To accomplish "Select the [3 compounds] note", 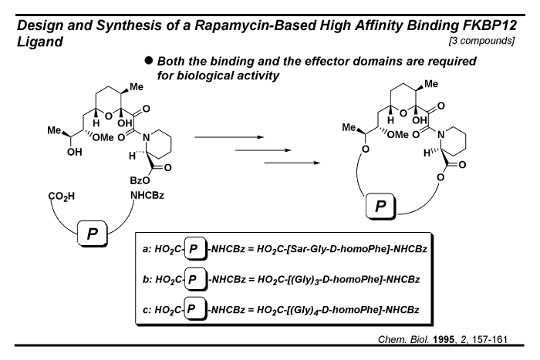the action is [x=481, y=41].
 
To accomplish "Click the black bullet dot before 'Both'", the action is [x=148, y=61].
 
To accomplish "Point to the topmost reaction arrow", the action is [x=229, y=137].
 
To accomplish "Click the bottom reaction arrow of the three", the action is [x=292, y=163].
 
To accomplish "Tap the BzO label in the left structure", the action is [x=140, y=180].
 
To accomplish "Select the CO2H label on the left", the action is [x=61, y=197].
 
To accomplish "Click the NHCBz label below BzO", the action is [x=147, y=196].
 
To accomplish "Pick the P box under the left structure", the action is [x=93, y=234].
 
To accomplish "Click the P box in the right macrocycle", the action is [x=380, y=206].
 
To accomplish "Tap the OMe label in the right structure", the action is [x=398, y=135].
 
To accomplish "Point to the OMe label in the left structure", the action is [x=103, y=138].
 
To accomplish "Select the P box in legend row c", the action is [x=196, y=308].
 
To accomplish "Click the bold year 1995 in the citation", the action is [x=444, y=340].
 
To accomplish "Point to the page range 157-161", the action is [x=490, y=340].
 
